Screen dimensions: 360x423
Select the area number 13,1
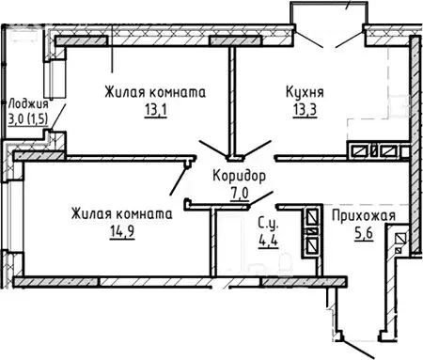[x=153, y=110]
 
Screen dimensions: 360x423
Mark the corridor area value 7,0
[x=239, y=194]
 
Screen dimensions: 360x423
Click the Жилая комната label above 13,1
[x=154, y=92]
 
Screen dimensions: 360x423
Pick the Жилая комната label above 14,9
[x=121, y=213]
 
